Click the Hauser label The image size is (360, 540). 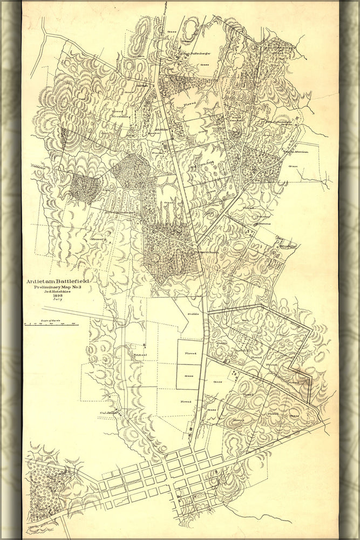(x=98, y=238)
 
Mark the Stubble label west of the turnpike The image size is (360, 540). (x=193, y=313)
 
